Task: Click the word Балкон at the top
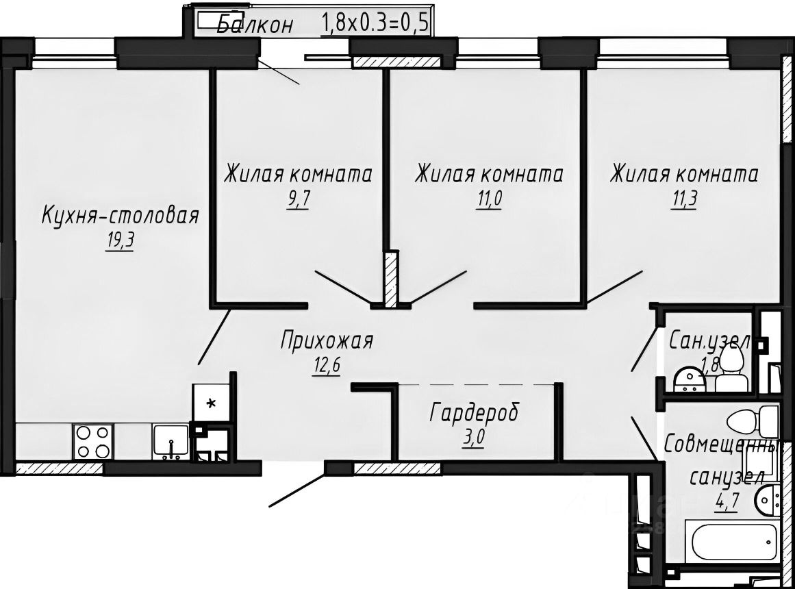point(255,25)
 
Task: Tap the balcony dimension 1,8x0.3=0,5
point(375,24)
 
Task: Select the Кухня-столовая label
point(120,216)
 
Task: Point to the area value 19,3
point(119,242)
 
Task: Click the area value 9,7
point(298,200)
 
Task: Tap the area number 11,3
point(683,200)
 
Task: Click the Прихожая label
point(327,340)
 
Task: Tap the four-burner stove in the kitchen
point(93,441)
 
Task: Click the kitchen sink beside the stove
point(170,440)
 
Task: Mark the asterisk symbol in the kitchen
point(211,403)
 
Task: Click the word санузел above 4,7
point(726,477)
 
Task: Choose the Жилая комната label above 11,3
point(684,174)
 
